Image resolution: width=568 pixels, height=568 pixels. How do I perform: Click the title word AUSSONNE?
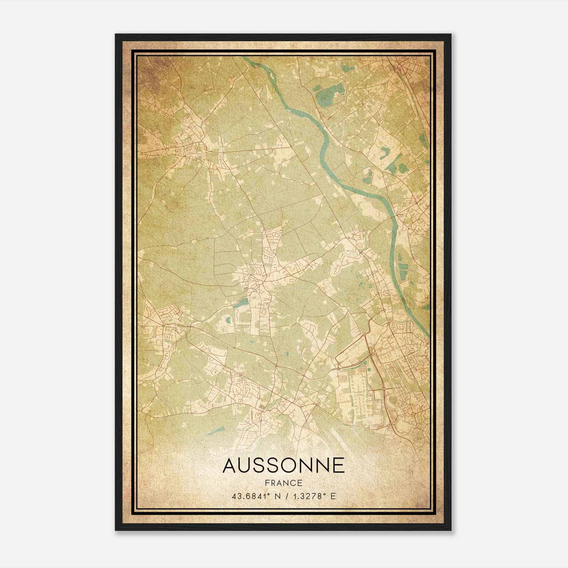click(x=283, y=465)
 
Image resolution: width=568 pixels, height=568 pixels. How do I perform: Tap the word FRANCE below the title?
click(x=283, y=483)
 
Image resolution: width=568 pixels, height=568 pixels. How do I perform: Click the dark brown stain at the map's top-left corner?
click(x=149, y=67)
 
